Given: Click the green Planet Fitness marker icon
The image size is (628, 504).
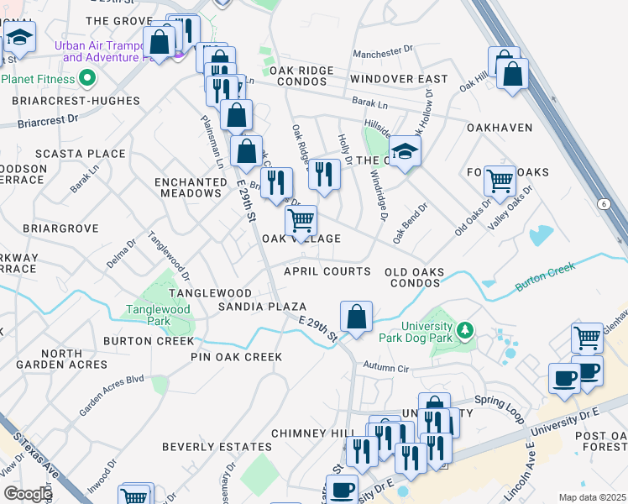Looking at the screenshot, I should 86,79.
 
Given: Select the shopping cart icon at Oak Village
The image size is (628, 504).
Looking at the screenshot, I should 301,221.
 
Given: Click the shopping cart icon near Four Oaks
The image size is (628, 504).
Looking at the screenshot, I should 500,180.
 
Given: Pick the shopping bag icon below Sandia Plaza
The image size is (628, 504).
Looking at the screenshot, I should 356,318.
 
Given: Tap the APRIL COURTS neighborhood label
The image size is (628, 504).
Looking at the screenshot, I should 327,271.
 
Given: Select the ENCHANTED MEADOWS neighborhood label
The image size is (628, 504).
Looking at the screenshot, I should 188,187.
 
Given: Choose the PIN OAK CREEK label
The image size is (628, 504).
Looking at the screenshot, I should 236,357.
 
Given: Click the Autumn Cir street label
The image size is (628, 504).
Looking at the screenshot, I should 385,367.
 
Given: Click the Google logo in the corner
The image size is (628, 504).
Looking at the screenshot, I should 28,494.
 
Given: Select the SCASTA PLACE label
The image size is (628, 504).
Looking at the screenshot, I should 80,154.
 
